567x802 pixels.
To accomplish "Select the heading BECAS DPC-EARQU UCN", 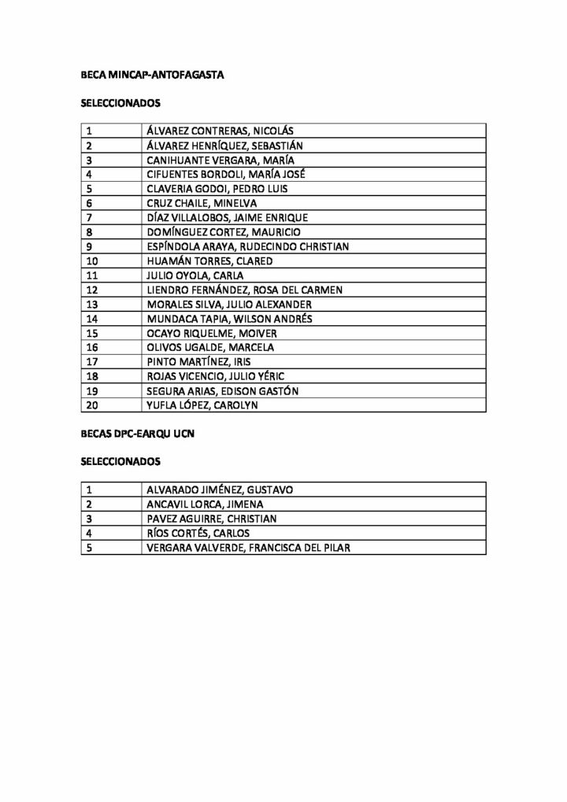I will coord(138,434).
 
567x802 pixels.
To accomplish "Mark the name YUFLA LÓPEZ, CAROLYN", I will coord(202,405).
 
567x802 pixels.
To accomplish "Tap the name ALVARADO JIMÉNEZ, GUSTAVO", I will coord(220,490).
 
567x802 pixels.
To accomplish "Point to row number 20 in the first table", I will coord(92,405).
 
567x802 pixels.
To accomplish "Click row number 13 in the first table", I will coord(92,304).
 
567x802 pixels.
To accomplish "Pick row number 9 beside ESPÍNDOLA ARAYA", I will coord(89,246).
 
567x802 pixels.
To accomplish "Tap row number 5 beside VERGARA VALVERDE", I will coord(89,548).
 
